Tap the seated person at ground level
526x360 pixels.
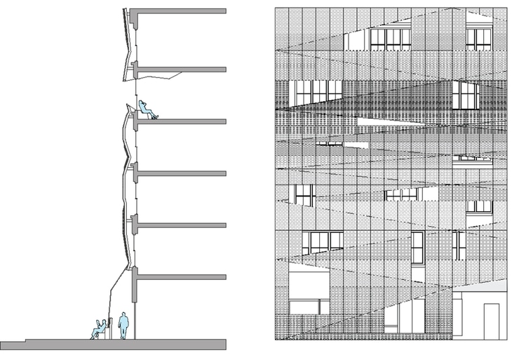coord(100,328)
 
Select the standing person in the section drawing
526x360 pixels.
coord(124,326)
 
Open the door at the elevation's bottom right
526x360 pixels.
coord(491,319)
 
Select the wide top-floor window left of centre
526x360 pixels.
coord(390,39)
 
